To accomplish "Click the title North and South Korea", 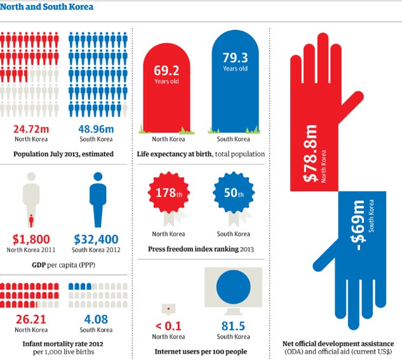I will pyautogui.click(x=48, y=8).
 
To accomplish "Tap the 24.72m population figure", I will pyautogui.click(x=32, y=129).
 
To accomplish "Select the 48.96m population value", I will pyautogui.click(x=96, y=129).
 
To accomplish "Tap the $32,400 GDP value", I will pyautogui.click(x=96, y=239).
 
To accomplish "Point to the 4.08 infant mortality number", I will pyautogui.click(x=96, y=318).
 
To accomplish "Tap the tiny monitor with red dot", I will pyautogui.click(x=168, y=309).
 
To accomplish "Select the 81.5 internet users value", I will pyautogui.click(x=233, y=326).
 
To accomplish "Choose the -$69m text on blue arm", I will pyautogui.click(x=359, y=220).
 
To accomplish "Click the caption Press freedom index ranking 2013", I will pyautogui.click(x=200, y=250).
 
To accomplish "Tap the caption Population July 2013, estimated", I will pyautogui.click(x=64, y=154).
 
